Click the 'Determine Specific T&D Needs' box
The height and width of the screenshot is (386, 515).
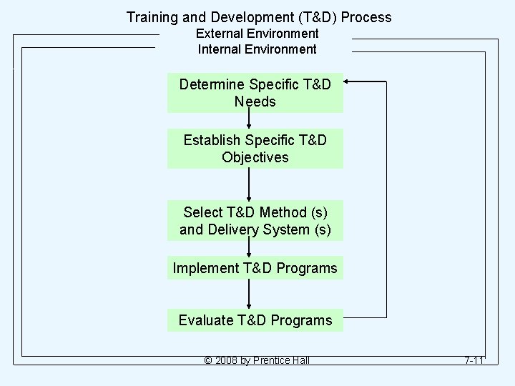[x=255, y=93]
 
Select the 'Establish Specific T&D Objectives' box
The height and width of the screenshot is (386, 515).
[x=255, y=149]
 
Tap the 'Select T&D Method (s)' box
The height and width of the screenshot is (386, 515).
[x=255, y=221]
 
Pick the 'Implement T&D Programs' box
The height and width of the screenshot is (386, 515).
[x=255, y=268]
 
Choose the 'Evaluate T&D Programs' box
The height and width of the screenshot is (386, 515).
[x=255, y=320]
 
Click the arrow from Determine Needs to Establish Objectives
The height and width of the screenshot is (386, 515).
[x=249, y=121]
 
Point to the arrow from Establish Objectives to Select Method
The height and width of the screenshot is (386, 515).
[x=249, y=184]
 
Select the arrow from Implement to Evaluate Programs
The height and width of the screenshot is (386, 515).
[x=249, y=294]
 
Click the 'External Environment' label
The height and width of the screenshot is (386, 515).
[x=257, y=34]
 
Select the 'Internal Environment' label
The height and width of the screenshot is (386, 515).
[x=257, y=49]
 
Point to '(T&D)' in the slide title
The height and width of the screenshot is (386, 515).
[x=317, y=17]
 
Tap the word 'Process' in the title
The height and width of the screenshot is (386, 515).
[x=366, y=17]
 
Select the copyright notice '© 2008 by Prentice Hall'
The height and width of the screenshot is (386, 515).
[x=257, y=360]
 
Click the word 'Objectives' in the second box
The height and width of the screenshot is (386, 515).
[x=255, y=157]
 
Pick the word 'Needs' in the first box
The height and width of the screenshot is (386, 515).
[x=255, y=102]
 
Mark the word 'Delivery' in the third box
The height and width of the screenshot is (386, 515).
[x=235, y=229]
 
